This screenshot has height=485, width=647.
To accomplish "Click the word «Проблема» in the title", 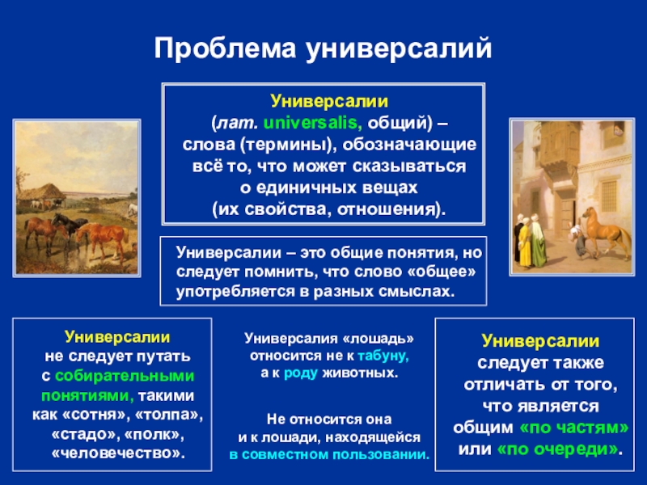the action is click(226, 48).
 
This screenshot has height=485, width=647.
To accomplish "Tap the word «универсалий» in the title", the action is click(399, 49).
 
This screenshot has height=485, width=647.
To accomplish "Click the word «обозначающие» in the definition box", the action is click(409, 145).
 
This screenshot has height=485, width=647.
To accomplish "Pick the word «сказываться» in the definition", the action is click(409, 167).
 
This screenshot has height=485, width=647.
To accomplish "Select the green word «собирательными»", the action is click(125, 376).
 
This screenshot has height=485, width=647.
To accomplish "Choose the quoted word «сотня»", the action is click(95, 415).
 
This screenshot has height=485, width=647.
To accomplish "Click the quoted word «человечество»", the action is click(118, 453).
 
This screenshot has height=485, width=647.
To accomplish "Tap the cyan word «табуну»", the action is click(383, 356).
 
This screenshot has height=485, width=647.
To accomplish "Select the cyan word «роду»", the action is click(301, 373).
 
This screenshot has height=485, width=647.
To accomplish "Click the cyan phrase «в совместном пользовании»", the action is click(329, 454).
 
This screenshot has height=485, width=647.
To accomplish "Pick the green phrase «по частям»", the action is click(574, 428).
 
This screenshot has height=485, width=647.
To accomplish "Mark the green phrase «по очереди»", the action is click(558, 449).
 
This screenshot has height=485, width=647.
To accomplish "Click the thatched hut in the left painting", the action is click(40, 192).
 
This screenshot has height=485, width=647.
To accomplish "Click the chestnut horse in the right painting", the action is click(607, 231).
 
